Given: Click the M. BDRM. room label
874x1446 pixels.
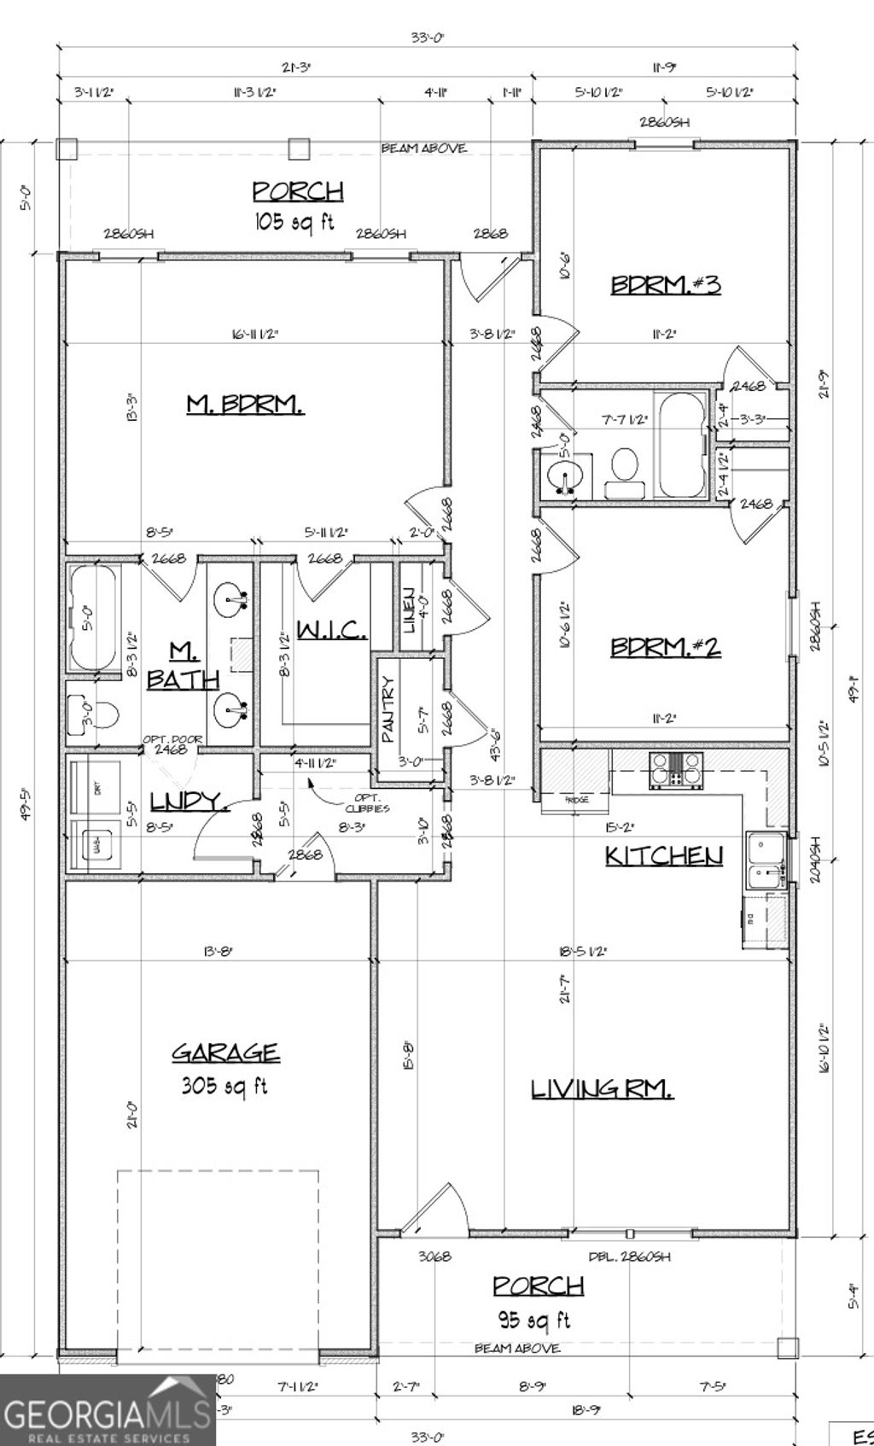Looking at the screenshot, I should coord(245,404).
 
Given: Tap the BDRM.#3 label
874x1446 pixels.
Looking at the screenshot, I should coord(665,284).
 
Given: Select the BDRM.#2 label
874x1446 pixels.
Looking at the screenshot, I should coord(665,647).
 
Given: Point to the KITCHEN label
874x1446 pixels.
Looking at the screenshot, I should coord(664,855).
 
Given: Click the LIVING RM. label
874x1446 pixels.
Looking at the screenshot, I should coord(603,1089).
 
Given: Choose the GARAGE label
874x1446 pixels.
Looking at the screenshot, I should coord(225,1052).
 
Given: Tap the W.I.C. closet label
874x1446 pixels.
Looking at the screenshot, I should coord(332,631).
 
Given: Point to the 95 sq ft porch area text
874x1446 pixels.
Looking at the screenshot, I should coord(533,1321).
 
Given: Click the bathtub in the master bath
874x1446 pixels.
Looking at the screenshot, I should coord(92,617).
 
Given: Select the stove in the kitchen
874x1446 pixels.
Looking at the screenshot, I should coord(676,767).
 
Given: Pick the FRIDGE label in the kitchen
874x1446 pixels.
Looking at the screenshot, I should coord(577,801).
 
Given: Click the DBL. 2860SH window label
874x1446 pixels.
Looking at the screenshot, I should coord(629,1257).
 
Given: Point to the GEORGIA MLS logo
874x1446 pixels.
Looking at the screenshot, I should coord(107,1410).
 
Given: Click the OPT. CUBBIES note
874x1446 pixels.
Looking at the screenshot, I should coord(367,802).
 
